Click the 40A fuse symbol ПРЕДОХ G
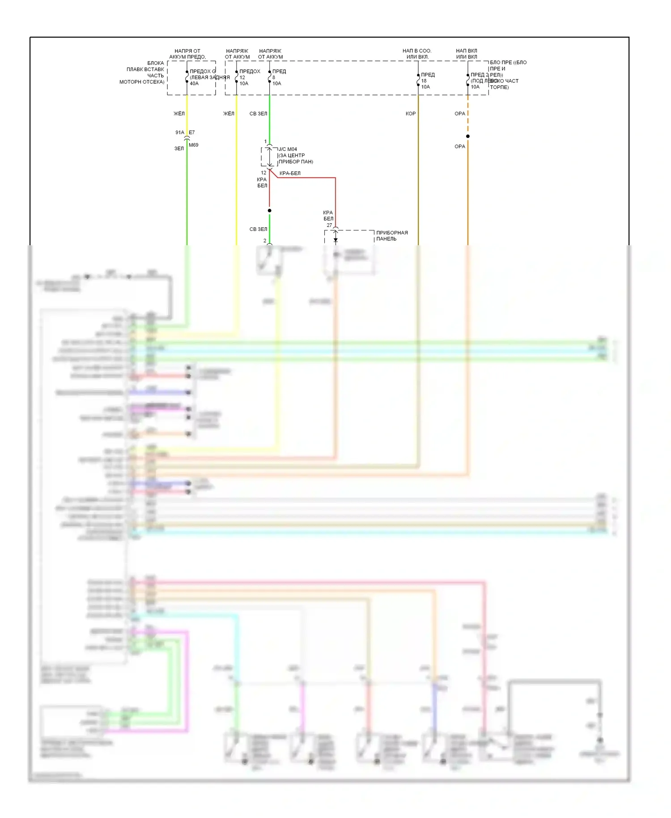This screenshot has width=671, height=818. (187, 77)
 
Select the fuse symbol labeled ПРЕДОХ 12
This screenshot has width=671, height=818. (236, 77)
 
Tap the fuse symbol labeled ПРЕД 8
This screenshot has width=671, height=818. (269, 77)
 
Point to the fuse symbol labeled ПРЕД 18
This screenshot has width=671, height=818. (418, 81)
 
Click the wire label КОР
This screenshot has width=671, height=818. (410, 114)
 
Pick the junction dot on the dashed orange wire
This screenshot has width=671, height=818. (467, 136)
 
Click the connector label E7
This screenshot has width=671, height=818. (192, 132)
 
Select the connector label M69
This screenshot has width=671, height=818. (193, 145)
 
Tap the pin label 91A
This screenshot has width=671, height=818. (179, 132)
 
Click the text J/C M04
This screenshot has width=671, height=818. (288, 149)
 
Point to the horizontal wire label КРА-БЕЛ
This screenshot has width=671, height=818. (290, 173)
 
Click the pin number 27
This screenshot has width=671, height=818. (329, 225)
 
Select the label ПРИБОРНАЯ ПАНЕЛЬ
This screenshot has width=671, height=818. (391, 236)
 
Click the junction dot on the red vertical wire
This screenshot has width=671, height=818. (269, 210)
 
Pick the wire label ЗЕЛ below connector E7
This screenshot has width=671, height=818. (179, 149)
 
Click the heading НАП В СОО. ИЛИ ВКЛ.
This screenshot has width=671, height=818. (417, 54)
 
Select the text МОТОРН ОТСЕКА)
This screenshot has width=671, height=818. (142, 82)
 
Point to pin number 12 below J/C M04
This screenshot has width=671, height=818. (263, 173)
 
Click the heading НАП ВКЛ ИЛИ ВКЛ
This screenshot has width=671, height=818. (467, 54)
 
